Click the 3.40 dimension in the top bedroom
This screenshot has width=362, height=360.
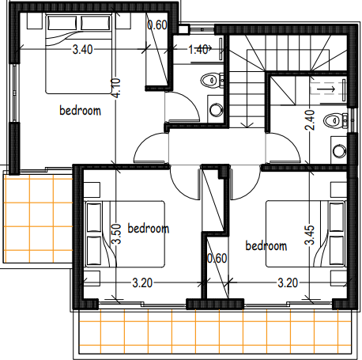pos(82,50)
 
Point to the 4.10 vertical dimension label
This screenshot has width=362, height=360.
pos(116,88)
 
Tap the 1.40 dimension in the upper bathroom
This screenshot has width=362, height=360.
pos(198,50)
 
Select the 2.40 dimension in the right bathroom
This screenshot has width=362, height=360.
pos(310,120)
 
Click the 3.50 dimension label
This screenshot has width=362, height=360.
pos(116,234)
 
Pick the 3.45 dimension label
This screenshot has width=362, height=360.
pos(310,235)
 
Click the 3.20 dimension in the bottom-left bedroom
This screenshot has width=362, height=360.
pos(142,283)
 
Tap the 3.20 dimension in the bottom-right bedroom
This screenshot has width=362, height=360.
pos(288,283)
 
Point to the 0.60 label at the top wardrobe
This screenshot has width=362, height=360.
pos(157,25)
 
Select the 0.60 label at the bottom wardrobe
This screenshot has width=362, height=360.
pos(217,259)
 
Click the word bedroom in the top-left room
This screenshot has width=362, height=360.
pos(80,110)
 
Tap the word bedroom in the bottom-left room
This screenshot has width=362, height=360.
pos(149,228)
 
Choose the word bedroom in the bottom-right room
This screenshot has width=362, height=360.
pos(266,245)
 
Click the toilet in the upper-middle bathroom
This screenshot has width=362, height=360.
pos(212,80)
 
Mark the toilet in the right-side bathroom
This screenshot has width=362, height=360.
pos(335,121)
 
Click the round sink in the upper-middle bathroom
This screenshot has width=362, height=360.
pos(216,110)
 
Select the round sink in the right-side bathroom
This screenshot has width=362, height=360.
pos(339,151)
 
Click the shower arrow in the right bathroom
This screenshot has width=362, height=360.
pos(326,89)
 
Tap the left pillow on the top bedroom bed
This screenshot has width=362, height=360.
pos(62,23)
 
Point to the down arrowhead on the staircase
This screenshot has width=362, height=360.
pos(247,125)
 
